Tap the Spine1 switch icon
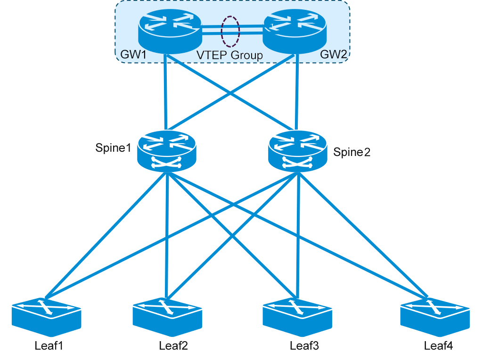(x=166, y=151)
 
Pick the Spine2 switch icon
(x=297, y=151)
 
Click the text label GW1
(x=133, y=55)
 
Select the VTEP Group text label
(x=229, y=55)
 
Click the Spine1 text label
(x=113, y=148)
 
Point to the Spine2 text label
(x=352, y=152)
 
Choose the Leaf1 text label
(x=49, y=346)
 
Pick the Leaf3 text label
(x=304, y=346)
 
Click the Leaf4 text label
(x=438, y=346)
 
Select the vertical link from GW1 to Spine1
(x=166, y=94)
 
